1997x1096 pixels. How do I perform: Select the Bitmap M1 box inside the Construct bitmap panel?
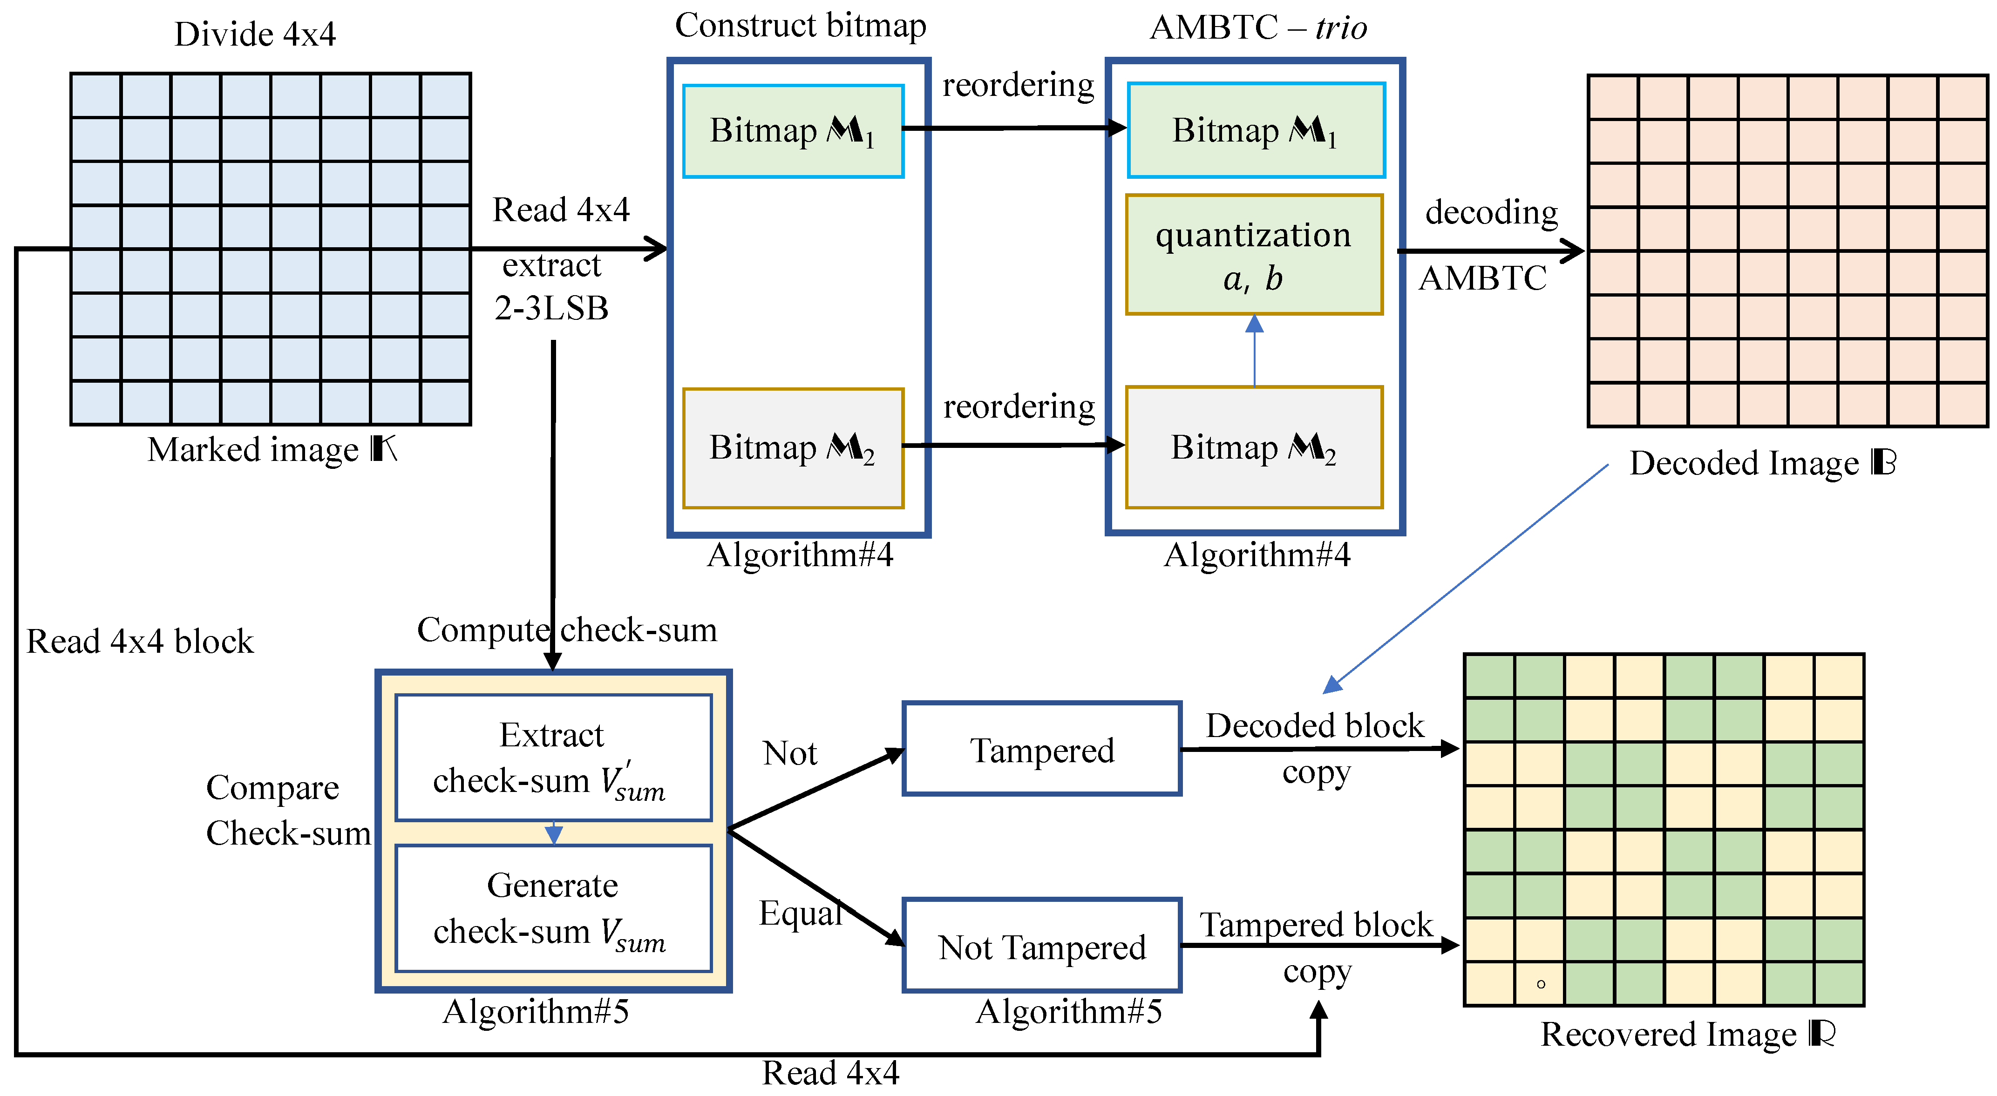792,131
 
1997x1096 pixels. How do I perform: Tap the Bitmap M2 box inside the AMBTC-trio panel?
1254,447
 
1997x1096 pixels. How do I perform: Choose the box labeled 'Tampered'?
1041,749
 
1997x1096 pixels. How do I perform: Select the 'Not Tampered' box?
1041,946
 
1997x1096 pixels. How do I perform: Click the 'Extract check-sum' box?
553,757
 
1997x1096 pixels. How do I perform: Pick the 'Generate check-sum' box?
553,907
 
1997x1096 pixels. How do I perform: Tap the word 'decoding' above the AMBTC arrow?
1491,211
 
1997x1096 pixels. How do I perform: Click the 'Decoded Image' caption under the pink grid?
1761,464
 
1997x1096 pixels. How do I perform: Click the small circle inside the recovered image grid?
1541,984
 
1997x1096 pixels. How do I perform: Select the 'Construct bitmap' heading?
800,26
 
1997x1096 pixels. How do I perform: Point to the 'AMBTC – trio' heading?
1257,28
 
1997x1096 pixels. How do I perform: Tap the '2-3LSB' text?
551,309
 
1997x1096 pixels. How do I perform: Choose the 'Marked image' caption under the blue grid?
272,450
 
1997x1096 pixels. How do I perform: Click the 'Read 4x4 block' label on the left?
140,642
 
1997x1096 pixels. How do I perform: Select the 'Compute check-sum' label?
567,629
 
